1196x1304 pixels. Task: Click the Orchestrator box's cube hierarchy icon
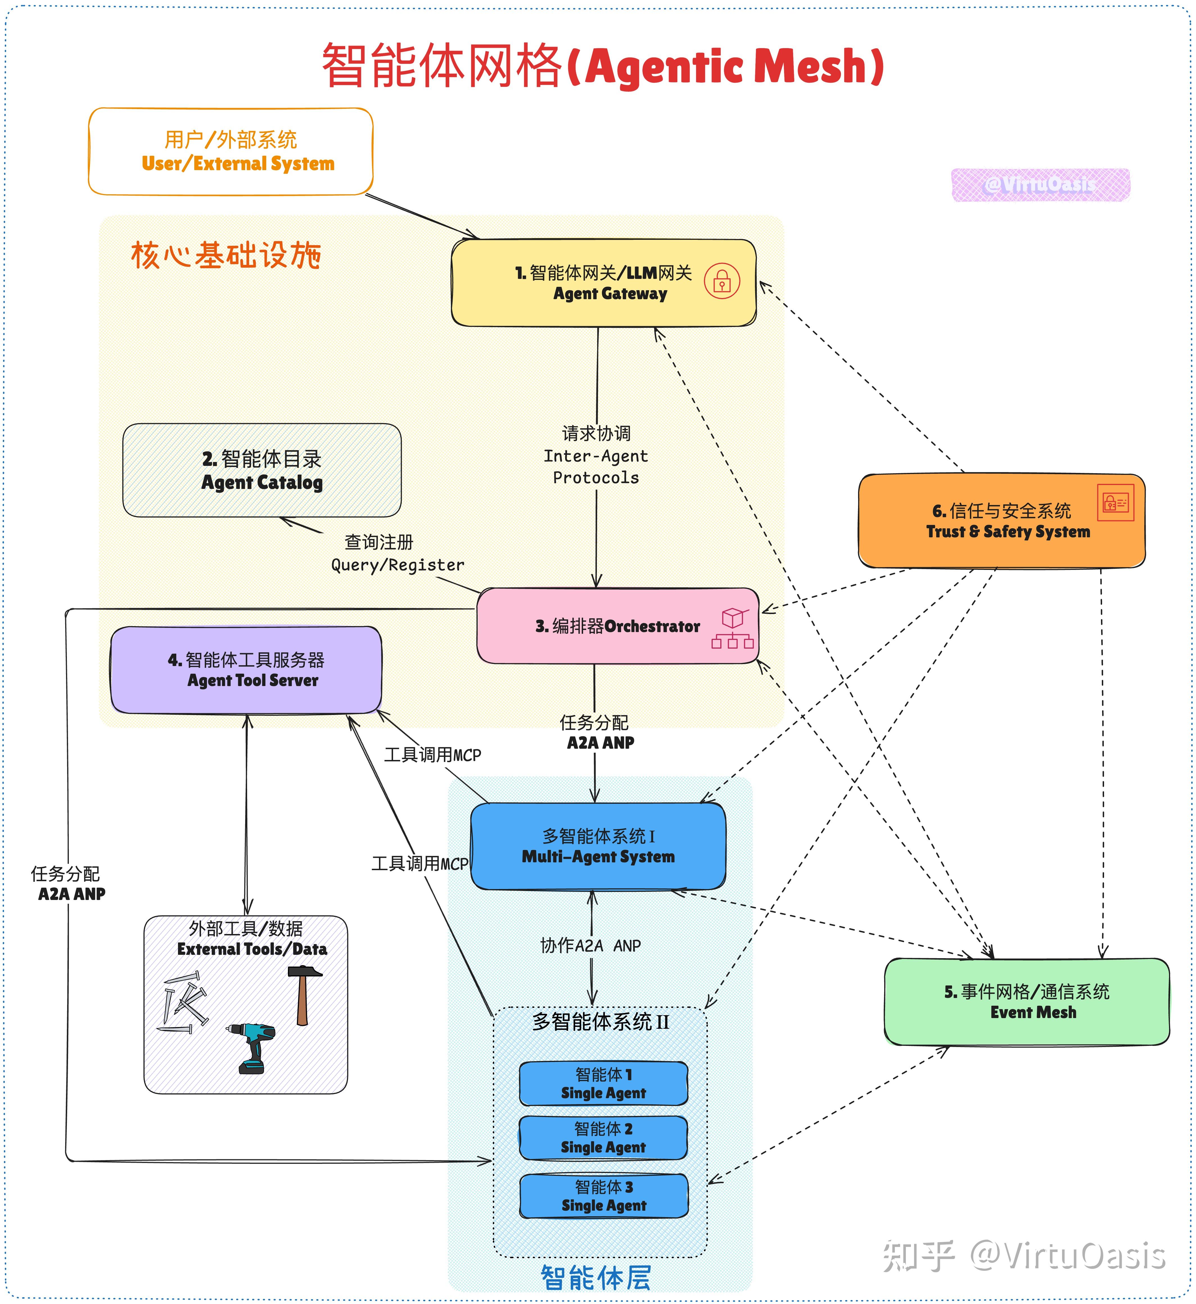click(732, 628)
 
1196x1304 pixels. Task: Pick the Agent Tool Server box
click(246, 670)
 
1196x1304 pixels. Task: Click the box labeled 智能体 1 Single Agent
click(603, 1083)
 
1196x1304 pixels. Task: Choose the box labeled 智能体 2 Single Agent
click(603, 1138)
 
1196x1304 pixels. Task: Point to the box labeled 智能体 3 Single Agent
click(603, 1196)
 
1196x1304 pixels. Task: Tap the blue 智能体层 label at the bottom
click(595, 1277)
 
